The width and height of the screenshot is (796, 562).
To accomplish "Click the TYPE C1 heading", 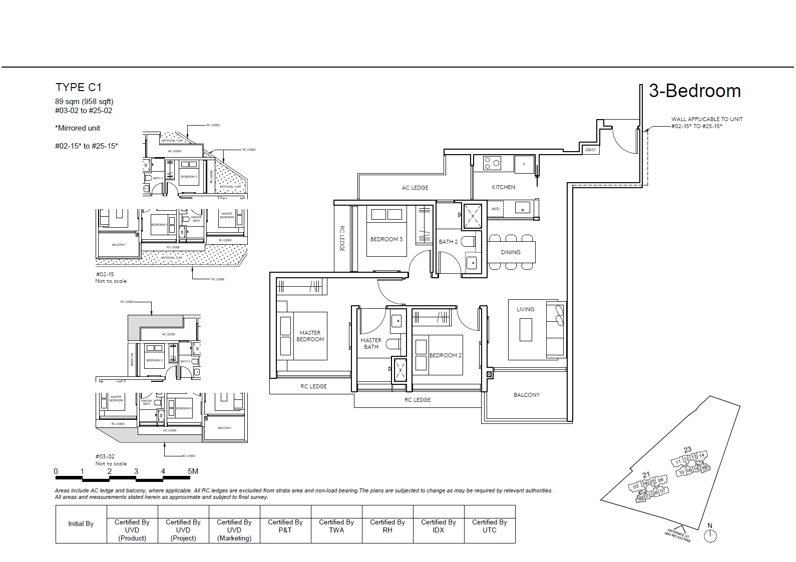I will pos(79,88).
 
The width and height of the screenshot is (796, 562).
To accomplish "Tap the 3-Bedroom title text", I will pos(694,91).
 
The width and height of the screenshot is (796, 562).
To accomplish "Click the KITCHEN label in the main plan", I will pos(503,187).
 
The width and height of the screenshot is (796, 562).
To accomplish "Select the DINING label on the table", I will pos(511,252).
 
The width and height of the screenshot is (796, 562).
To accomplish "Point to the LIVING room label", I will pos(525,309).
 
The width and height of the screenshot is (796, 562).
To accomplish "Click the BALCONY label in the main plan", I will pos(526,395).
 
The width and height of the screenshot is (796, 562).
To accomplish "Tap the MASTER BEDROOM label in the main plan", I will pos(310,336).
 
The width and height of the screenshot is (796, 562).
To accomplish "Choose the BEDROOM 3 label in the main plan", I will pos(386,239).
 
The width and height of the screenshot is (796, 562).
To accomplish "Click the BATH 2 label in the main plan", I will pos(448,242).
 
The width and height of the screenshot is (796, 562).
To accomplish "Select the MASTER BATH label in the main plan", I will pos(371,343).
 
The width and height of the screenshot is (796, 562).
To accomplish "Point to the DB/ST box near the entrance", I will pos(591,150).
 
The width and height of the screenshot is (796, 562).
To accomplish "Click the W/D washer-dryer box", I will pos(496,209).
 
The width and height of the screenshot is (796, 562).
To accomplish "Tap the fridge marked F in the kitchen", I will pos(524,164).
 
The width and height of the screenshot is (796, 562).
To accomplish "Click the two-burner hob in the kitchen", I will pos(492,163).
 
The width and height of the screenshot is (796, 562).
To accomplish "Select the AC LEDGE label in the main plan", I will pos(415,188).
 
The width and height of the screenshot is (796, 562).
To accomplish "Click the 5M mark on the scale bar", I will pos(193,471).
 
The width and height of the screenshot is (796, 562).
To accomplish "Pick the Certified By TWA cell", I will pos(336,526).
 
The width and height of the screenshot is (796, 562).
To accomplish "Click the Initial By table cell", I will pos(81,524).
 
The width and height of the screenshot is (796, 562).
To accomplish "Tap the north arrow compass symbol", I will pos(710,535).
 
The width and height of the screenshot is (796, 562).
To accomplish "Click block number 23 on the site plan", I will pos(687,449).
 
